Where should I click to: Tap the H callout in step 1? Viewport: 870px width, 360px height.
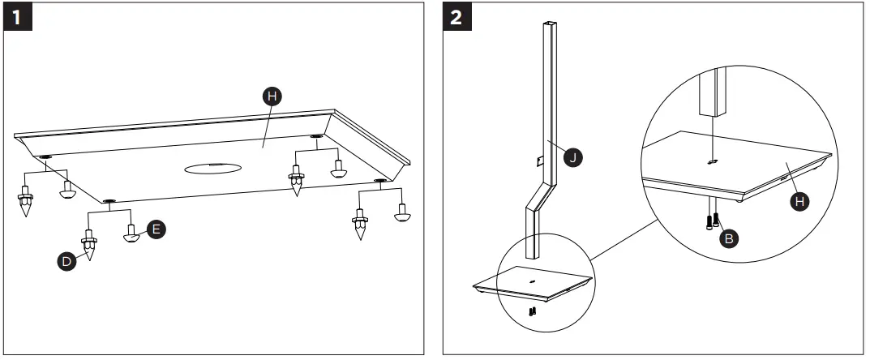click(273, 96)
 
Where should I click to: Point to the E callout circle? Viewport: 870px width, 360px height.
click(156, 229)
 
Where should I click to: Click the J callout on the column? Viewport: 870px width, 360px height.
click(574, 158)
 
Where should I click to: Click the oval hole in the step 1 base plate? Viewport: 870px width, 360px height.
click(213, 168)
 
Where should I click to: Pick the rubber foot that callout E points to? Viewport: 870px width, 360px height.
click(131, 236)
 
